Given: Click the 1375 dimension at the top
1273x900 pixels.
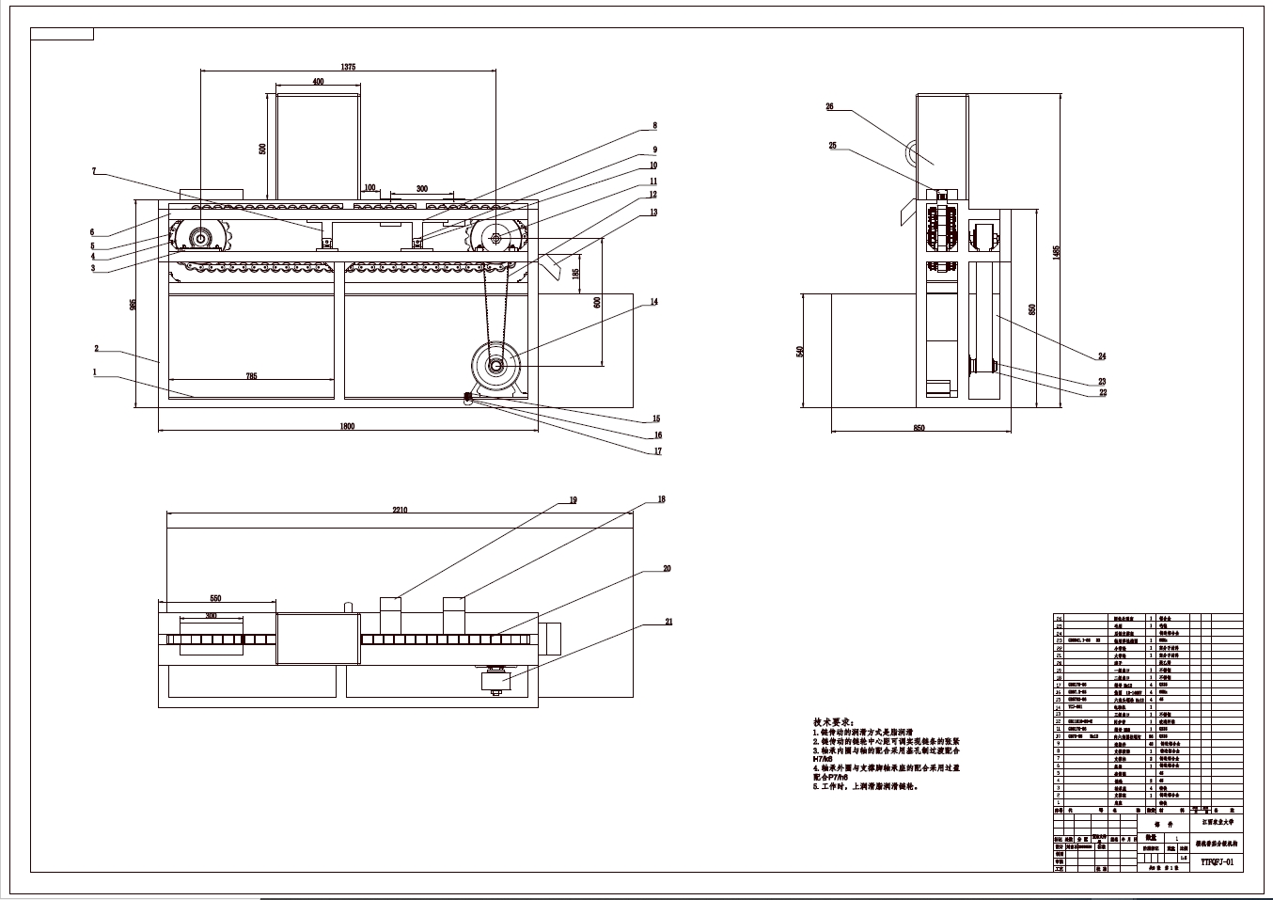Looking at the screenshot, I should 348,67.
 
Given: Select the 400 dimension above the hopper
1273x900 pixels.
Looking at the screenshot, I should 318,83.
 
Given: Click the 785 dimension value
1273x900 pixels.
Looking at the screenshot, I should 251,376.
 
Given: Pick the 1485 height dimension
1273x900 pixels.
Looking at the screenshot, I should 1057,252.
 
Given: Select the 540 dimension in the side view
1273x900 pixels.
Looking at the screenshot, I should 800,351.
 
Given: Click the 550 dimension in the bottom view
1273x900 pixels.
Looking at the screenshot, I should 214,599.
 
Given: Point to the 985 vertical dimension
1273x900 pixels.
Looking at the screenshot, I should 134,304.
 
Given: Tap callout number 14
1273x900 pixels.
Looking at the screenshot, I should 653,302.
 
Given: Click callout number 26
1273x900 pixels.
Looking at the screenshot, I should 829,107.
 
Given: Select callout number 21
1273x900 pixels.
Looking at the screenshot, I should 668,622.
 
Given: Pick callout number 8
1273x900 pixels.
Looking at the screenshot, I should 653,125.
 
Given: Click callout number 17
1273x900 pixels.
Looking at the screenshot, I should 658,451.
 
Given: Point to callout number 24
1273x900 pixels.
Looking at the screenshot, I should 1102,356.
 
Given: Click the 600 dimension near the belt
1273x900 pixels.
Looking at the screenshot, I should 596,302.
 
